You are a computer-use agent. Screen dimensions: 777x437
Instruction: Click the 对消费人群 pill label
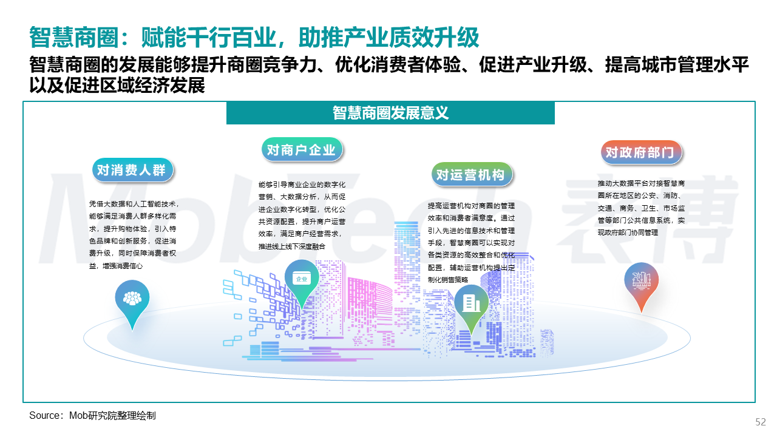tap(132, 170)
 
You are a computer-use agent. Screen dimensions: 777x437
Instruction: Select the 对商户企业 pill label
tap(302, 150)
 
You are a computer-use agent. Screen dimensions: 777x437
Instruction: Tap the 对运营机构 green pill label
tap(472, 174)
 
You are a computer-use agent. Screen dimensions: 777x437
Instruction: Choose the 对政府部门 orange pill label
tap(641, 152)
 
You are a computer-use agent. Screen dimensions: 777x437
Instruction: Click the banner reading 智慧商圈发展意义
tap(390, 113)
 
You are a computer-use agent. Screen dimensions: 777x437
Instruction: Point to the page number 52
tap(761, 422)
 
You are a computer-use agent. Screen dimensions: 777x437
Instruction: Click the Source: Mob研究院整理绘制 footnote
tap(92, 415)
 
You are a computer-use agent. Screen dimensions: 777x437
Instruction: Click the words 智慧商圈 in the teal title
tap(74, 37)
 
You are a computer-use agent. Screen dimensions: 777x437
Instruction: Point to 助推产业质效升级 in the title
tap(388, 37)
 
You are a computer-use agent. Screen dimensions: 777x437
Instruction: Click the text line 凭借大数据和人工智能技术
tap(134, 204)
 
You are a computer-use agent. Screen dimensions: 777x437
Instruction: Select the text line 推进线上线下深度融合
tap(292, 246)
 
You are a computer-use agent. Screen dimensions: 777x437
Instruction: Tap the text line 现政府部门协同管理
tap(628, 232)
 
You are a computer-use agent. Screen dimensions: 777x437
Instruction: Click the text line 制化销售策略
tap(448, 280)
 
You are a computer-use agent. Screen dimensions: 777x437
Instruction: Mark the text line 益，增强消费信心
tap(116, 266)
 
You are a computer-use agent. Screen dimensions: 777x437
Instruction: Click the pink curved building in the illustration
tap(370, 309)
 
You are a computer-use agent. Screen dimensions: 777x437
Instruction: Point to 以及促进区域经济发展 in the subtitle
tap(117, 86)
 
